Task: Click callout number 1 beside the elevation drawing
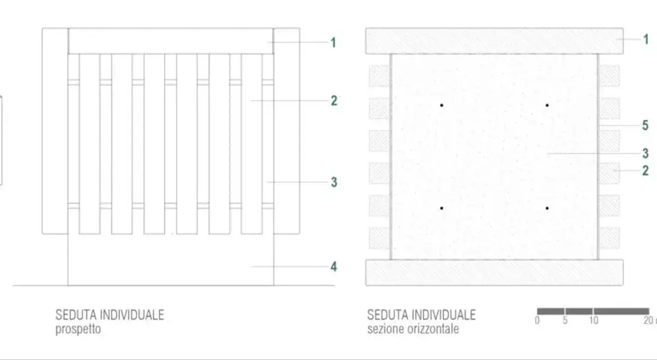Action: click(333, 43)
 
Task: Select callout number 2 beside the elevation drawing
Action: click(334, 101)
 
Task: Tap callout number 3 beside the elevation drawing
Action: click(334, 182)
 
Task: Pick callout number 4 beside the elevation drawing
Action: click(334, 266)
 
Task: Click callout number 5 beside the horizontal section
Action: click(645, 125)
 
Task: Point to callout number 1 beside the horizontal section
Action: click(646, 40)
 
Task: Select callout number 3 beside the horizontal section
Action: click(645, 154)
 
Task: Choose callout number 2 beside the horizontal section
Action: click(645, 170)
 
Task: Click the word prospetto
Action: click(78, 329)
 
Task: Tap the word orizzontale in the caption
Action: click(434, 329)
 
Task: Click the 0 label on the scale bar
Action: click(537, 320)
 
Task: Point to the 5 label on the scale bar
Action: click(565, 320)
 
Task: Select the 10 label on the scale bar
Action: click(593, 320)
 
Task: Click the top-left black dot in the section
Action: click(442, 105)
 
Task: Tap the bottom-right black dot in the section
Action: click(547, 208)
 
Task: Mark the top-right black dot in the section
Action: click(547, 105)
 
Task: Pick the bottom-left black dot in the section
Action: click(442, 208)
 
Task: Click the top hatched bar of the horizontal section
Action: click(494, 41)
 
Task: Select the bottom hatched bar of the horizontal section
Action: click(494, 273)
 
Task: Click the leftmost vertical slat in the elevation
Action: click(89, 144)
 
